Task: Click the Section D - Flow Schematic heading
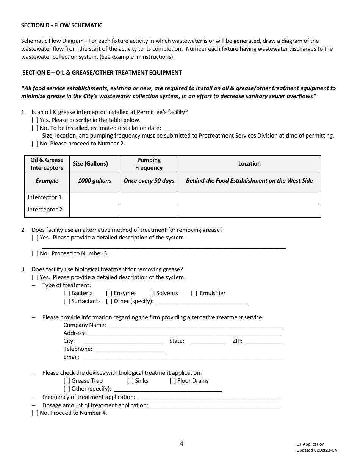pos(61,25)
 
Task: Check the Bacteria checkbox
pos(67,293)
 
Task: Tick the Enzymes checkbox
pos(109,293)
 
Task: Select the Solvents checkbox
pos(151,293)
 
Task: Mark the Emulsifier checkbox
pos(194,293)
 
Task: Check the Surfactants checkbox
pos(67,301)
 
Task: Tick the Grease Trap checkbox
pos(67,381)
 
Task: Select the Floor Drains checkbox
pos(172,381)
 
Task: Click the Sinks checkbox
pos(130,381)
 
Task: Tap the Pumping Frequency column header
pos(149,164)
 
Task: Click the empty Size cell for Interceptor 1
pos(94,199)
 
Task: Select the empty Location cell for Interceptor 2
pos(249,211)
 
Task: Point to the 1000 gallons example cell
pos(94,181)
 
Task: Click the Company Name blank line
pos(195,325)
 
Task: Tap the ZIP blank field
pos(264,341)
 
